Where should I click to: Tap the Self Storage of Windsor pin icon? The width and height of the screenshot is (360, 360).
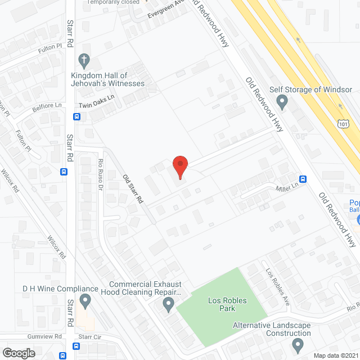282,102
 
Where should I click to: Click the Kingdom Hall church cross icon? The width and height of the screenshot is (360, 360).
84,60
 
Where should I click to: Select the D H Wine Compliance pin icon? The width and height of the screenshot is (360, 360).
85,301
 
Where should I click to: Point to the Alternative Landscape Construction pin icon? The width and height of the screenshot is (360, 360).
298,344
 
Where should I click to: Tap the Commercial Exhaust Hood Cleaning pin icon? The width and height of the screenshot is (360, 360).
168,305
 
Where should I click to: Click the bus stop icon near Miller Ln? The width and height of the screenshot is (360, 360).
303,179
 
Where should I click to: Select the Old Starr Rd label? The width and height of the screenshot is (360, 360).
133,189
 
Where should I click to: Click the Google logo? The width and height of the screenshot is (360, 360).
19,353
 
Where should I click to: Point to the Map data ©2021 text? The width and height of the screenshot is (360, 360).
335,355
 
